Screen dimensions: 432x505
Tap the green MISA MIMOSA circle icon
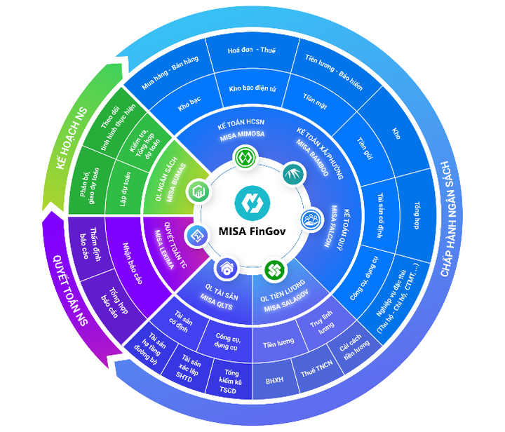click(243, 156)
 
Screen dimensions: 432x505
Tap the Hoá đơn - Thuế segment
click(252, 51)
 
